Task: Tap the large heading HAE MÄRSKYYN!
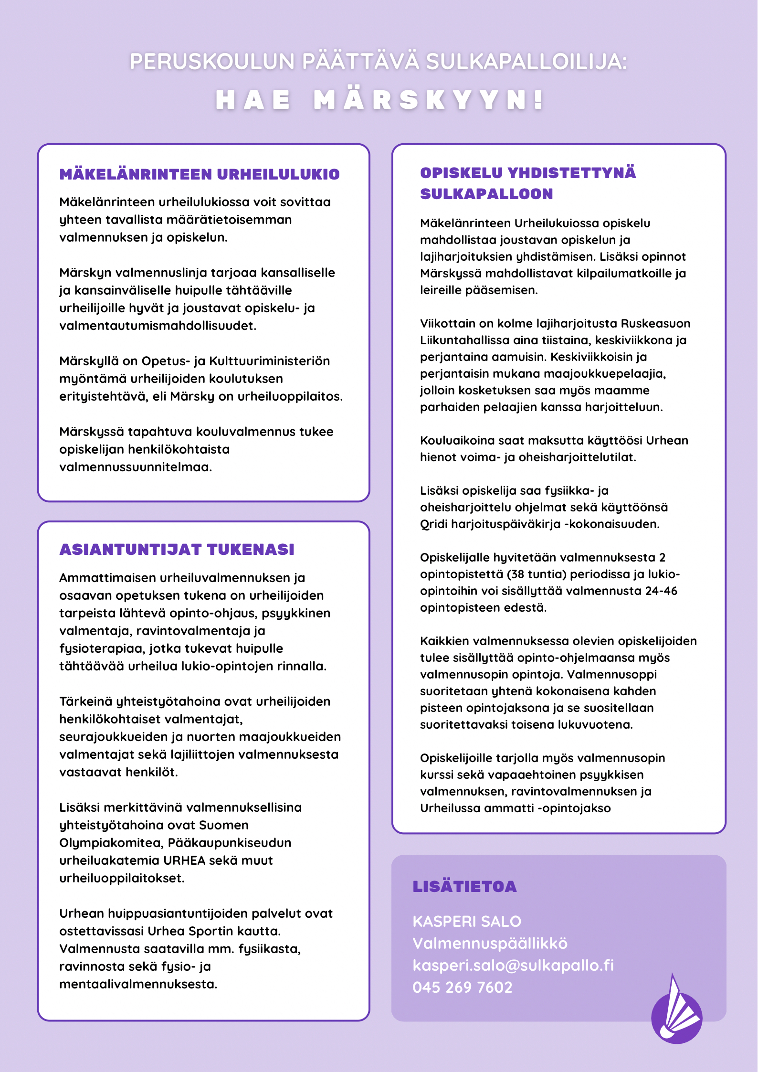(379, 100)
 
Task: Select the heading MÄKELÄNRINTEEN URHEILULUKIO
(200, 174)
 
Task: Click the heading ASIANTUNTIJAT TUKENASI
(177, 550)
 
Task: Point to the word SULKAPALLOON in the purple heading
(486, 194)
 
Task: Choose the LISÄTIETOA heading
(464, 887)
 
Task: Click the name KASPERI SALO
(467, 921)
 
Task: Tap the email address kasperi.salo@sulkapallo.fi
(513, 965)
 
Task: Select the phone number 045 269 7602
(463, 987)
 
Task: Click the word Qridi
(433, 524)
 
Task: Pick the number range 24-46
(661, 591)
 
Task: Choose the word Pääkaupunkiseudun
(230, 843)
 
